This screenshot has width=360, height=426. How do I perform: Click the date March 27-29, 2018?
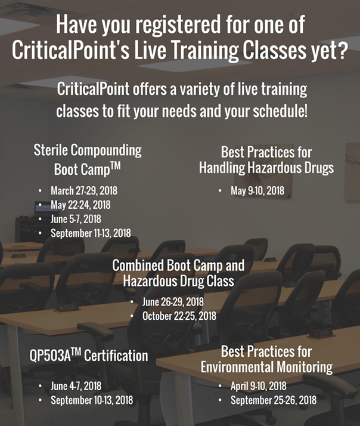84,191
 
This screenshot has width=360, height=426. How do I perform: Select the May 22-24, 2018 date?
80,205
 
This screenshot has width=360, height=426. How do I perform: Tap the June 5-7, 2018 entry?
76,219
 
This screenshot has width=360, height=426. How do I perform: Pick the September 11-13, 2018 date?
91,233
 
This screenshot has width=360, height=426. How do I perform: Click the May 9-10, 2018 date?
257,191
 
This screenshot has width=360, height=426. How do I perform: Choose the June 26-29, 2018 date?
173,302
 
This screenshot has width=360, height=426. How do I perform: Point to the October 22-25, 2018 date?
179,316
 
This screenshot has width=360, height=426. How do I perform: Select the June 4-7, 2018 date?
76,386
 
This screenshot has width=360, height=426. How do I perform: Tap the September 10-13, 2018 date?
92,400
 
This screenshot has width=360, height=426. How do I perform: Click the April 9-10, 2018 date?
259,386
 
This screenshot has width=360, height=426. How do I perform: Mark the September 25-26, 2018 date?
274,400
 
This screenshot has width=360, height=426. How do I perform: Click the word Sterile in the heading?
51,150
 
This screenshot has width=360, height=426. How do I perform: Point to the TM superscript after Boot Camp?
116,165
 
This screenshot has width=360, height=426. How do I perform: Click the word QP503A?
50,356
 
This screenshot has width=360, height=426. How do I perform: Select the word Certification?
116,356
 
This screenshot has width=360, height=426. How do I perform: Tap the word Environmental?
237,368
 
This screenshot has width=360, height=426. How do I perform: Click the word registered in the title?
178,25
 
